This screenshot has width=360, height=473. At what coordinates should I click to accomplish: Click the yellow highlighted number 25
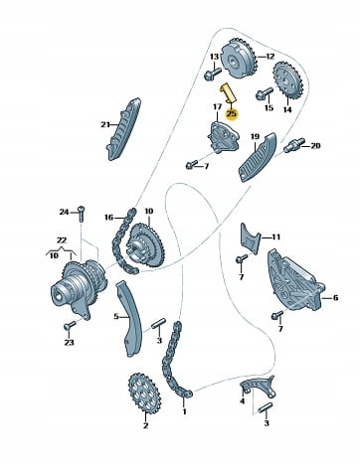(232, 114)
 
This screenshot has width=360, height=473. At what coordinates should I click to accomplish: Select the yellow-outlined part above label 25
(228, 92)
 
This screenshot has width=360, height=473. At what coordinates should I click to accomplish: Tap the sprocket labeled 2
(144, 394)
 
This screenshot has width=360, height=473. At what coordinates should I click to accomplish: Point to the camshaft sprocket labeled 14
(286, 79)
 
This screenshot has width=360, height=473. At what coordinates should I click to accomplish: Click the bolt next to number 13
(213, 74)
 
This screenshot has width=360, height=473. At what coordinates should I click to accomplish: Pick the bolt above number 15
(265, 92)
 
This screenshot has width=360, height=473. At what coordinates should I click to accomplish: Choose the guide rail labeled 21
(123, 129)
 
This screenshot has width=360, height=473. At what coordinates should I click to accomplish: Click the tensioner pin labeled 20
(292, 146)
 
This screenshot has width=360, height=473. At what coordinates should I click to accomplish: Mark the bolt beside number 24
(82, 214)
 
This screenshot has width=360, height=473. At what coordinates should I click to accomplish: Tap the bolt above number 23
(70, 326)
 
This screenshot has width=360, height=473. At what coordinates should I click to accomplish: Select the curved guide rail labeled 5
(128, 319)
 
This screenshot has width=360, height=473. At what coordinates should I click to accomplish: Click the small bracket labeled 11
(250, 238)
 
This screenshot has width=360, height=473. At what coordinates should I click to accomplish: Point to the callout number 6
(335, 298)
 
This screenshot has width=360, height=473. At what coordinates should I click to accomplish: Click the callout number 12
(270, 57)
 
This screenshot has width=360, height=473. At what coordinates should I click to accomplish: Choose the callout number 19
(255, 136)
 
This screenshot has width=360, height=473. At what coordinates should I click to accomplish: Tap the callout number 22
(62, 240)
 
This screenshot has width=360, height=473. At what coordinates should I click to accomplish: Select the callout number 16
(108, 218)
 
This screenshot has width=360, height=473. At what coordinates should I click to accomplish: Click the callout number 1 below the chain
(185, 411)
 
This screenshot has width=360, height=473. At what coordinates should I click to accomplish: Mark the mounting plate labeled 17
(223, 137)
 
